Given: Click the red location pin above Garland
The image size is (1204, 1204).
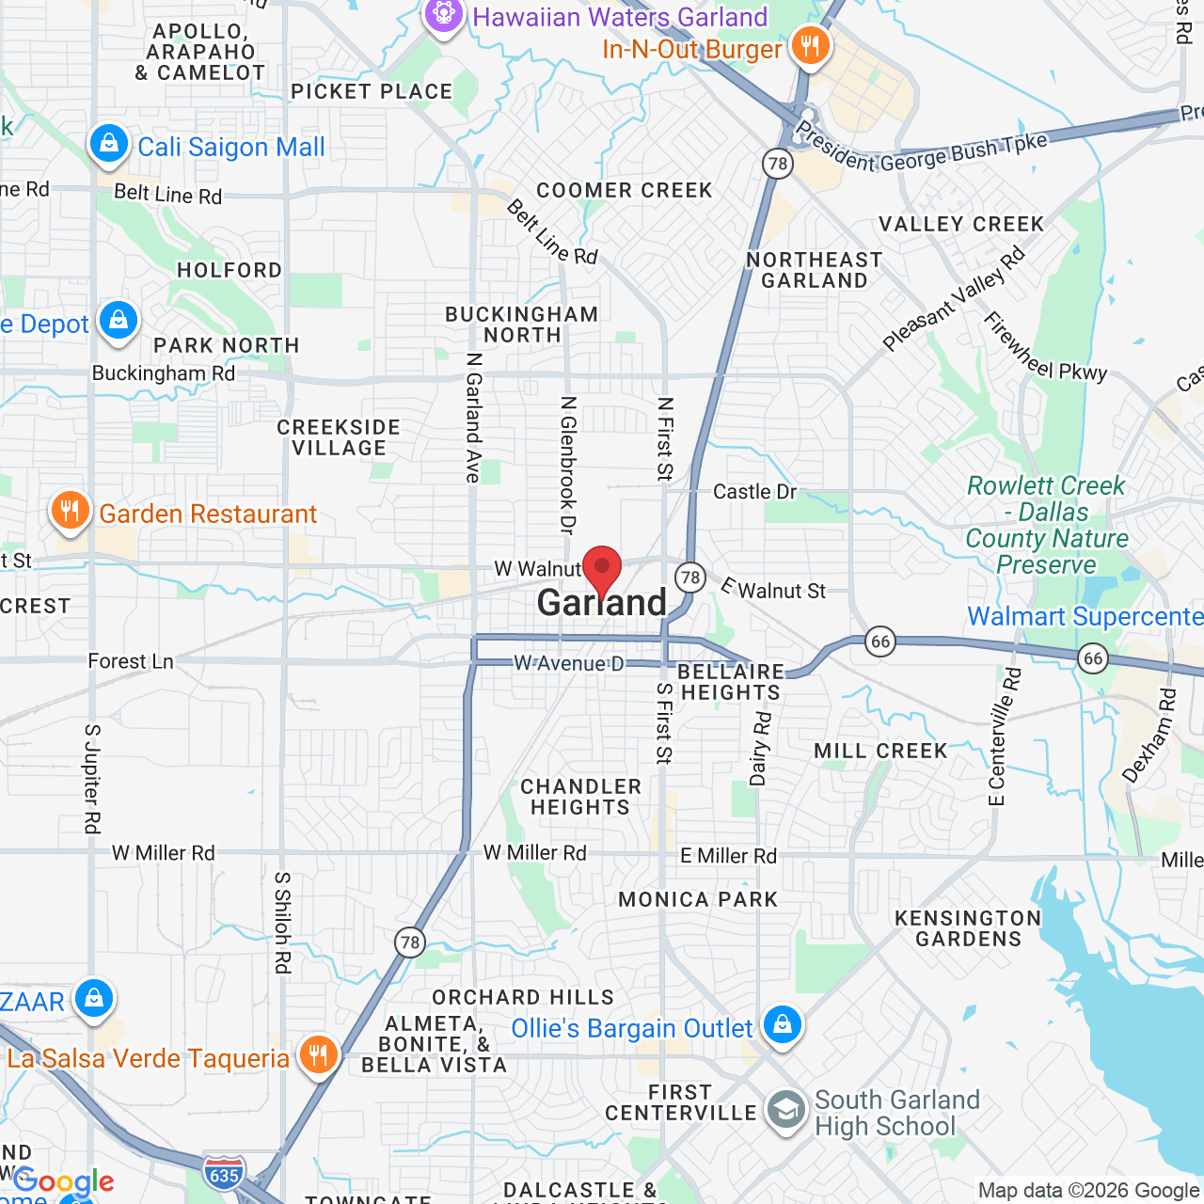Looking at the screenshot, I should pos(602,568).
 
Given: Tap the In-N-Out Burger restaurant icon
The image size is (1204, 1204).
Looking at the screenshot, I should pos(810,44).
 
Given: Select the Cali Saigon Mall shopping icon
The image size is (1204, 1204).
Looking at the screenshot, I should pos(109,145).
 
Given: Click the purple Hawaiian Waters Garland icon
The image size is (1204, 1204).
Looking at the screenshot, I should pos(443,15).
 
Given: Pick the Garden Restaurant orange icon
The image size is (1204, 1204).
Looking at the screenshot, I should pos(70,512).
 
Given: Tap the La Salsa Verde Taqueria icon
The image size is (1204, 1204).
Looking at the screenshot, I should pos(319,1054).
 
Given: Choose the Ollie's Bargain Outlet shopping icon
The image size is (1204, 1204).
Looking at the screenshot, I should pos(782,1025).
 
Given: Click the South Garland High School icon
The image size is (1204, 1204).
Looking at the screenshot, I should pos(785,1111).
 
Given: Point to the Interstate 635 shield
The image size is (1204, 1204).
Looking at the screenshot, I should pos(224,1174).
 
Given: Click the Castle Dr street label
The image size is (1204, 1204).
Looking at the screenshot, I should pos(754,492).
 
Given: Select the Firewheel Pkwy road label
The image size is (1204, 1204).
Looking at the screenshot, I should pos(1044,346).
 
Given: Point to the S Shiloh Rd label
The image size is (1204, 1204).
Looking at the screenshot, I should pos(282,922).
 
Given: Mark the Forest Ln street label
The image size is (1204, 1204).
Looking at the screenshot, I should pos(131,661).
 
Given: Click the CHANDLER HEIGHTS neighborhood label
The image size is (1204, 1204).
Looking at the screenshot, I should pos(580,797).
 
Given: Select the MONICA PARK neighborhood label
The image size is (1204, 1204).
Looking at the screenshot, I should pos(698,899).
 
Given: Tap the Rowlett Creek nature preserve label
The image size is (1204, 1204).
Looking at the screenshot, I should pos(1047,525).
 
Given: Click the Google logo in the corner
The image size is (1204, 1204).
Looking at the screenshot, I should pos(63,1181).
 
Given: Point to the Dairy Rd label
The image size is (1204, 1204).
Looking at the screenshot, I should pos(760,749).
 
